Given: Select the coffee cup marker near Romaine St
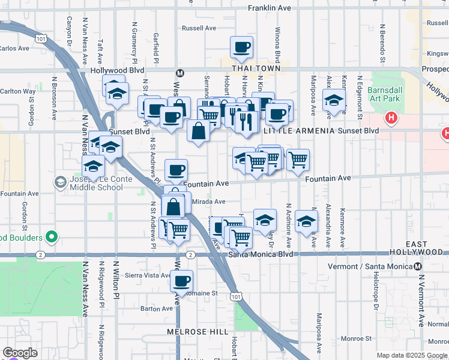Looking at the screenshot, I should tap(181, 280).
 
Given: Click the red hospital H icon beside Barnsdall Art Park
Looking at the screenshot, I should tap(391, 118).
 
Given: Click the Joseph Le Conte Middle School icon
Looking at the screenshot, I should tap(61, 182).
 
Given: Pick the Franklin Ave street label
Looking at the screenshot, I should tap(270, 8).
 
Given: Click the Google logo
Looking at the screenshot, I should tap(20, 352).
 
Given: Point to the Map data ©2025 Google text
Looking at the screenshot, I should tap(411, 355).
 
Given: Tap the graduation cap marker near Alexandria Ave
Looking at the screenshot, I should tap(334, 100).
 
